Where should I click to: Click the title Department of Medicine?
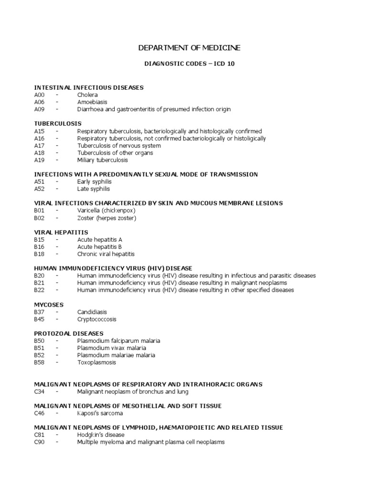(189, 48)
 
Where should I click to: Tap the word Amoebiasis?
(92, 102)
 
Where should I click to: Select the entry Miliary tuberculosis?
(103, 160)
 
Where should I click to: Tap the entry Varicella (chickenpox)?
(107, 211)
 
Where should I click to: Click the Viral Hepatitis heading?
(61, 233)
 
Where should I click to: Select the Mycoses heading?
(49, 305)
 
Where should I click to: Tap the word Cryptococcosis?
(97, 319)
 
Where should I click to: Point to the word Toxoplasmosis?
(97, 362)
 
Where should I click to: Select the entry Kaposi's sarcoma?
(100, 413)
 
